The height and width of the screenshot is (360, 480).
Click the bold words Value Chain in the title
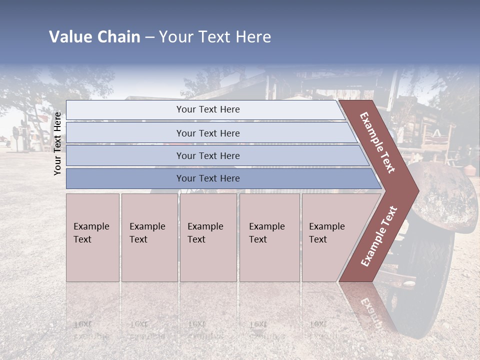[x=94, y=37]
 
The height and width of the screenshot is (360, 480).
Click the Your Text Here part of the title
[x=215, y=37]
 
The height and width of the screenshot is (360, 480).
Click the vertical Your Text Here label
[x=57, y=143]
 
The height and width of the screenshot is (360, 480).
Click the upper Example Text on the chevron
[x=377, y=142]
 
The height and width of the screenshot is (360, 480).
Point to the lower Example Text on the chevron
[x=378, y=236]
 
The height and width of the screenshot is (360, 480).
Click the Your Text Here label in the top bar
[x=208, y=109]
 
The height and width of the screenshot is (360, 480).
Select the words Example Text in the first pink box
[x=91, y=232]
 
